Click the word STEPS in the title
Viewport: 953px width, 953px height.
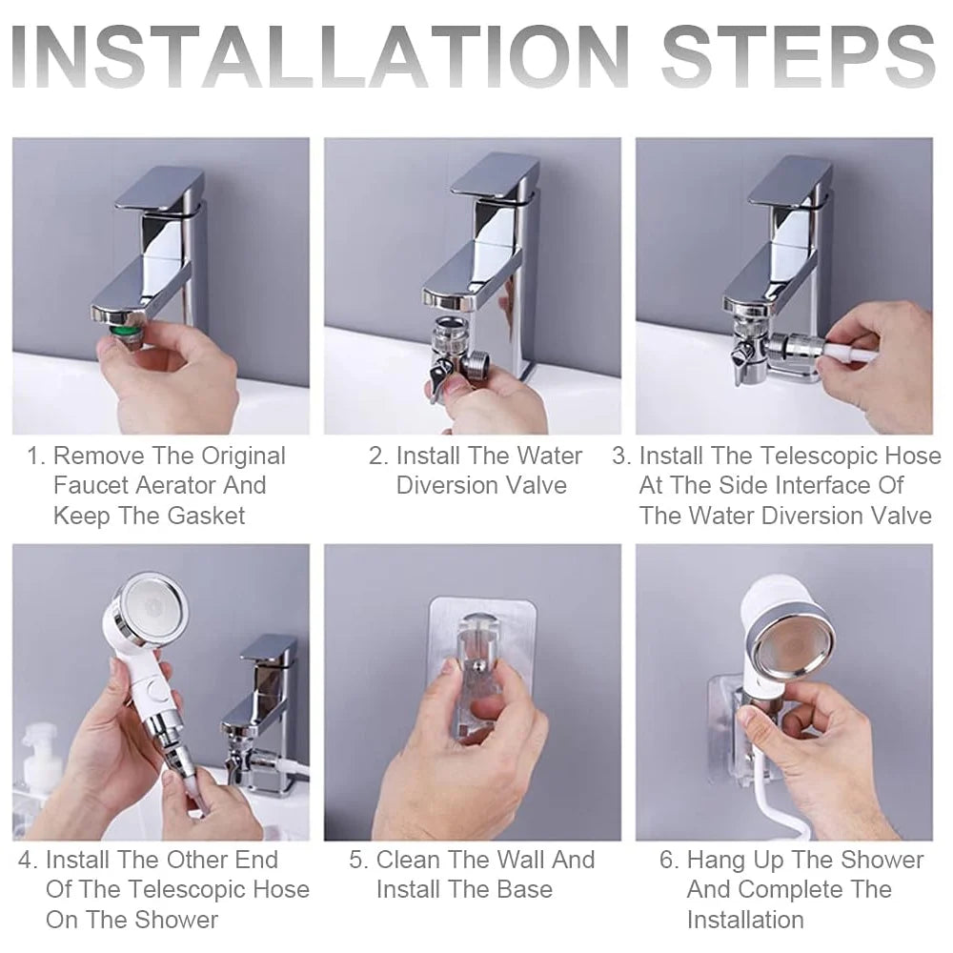[798, 58]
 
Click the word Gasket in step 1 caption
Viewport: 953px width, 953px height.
[206, 516]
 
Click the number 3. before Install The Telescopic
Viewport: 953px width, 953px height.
[622, 456]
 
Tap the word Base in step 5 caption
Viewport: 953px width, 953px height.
[524, 890]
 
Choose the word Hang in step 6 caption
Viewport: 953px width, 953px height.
[718, 861]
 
